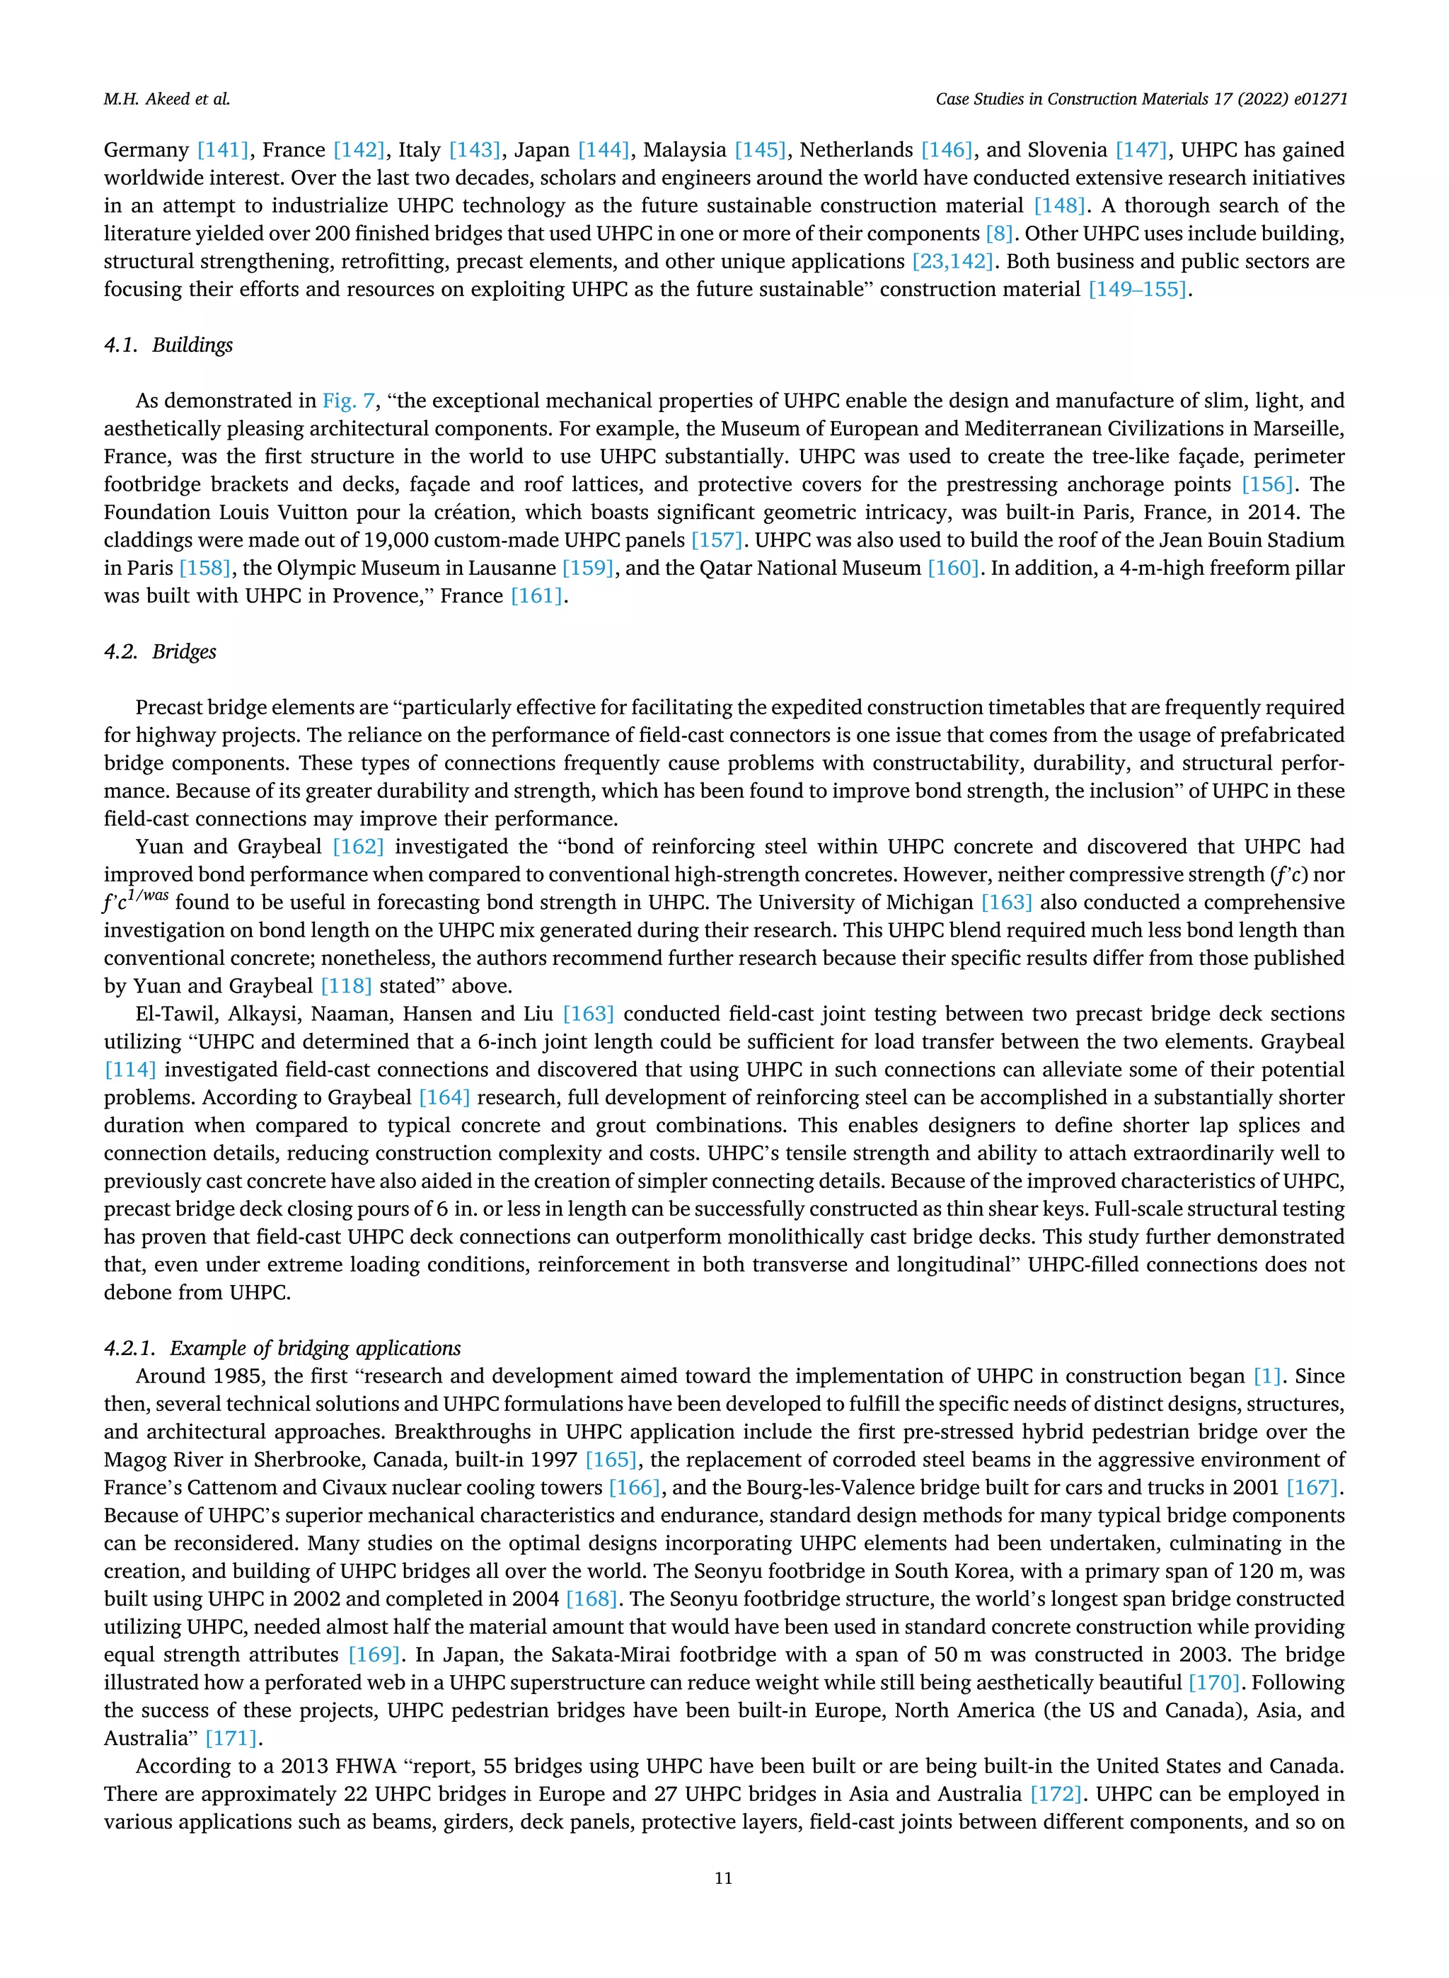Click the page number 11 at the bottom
tap(723, 1878)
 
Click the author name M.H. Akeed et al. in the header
tap(167, 99)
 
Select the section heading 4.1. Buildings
tap(168, 345)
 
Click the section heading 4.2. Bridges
tap(160, 651)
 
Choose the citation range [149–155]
tap(1137, 289)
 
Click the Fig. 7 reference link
tap(348, 401)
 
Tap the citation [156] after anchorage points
tap(1267, 484)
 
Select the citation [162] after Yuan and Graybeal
tap(358, 847)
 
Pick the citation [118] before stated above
tap(347, 985)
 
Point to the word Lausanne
tap(507, 568)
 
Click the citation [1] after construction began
tap(1266, 1376)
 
